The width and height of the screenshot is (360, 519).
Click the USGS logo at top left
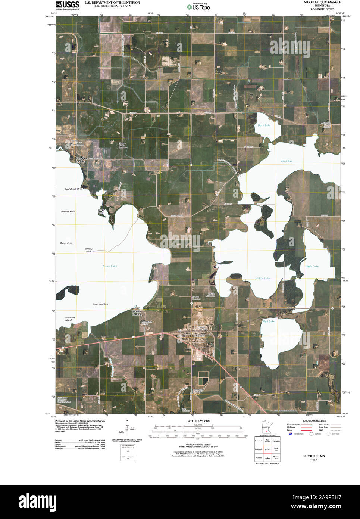click(x=67, y=5)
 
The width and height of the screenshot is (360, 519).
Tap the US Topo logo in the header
click(x=201, y=6)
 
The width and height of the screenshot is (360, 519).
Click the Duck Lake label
click(x=264, y=125)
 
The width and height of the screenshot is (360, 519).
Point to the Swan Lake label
click(x=110, y=266)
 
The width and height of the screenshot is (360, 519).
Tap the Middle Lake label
click(x=263, y=279)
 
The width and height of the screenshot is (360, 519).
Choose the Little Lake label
click(x=312, y=266)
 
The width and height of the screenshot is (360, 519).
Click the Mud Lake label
click(x=269, y=321)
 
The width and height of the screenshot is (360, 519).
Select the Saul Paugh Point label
click(x=73, y=189)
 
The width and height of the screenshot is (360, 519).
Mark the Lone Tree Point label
click(x=67, y=212)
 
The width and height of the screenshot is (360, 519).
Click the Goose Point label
click(x=66, y=243)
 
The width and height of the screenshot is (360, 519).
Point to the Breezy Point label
click(x=88, y=250)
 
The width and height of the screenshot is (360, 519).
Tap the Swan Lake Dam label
click(x=100, y=305)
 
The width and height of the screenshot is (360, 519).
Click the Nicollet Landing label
click(x=137, y=313)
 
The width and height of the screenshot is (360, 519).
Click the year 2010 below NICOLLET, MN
click(x=313, y=461)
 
